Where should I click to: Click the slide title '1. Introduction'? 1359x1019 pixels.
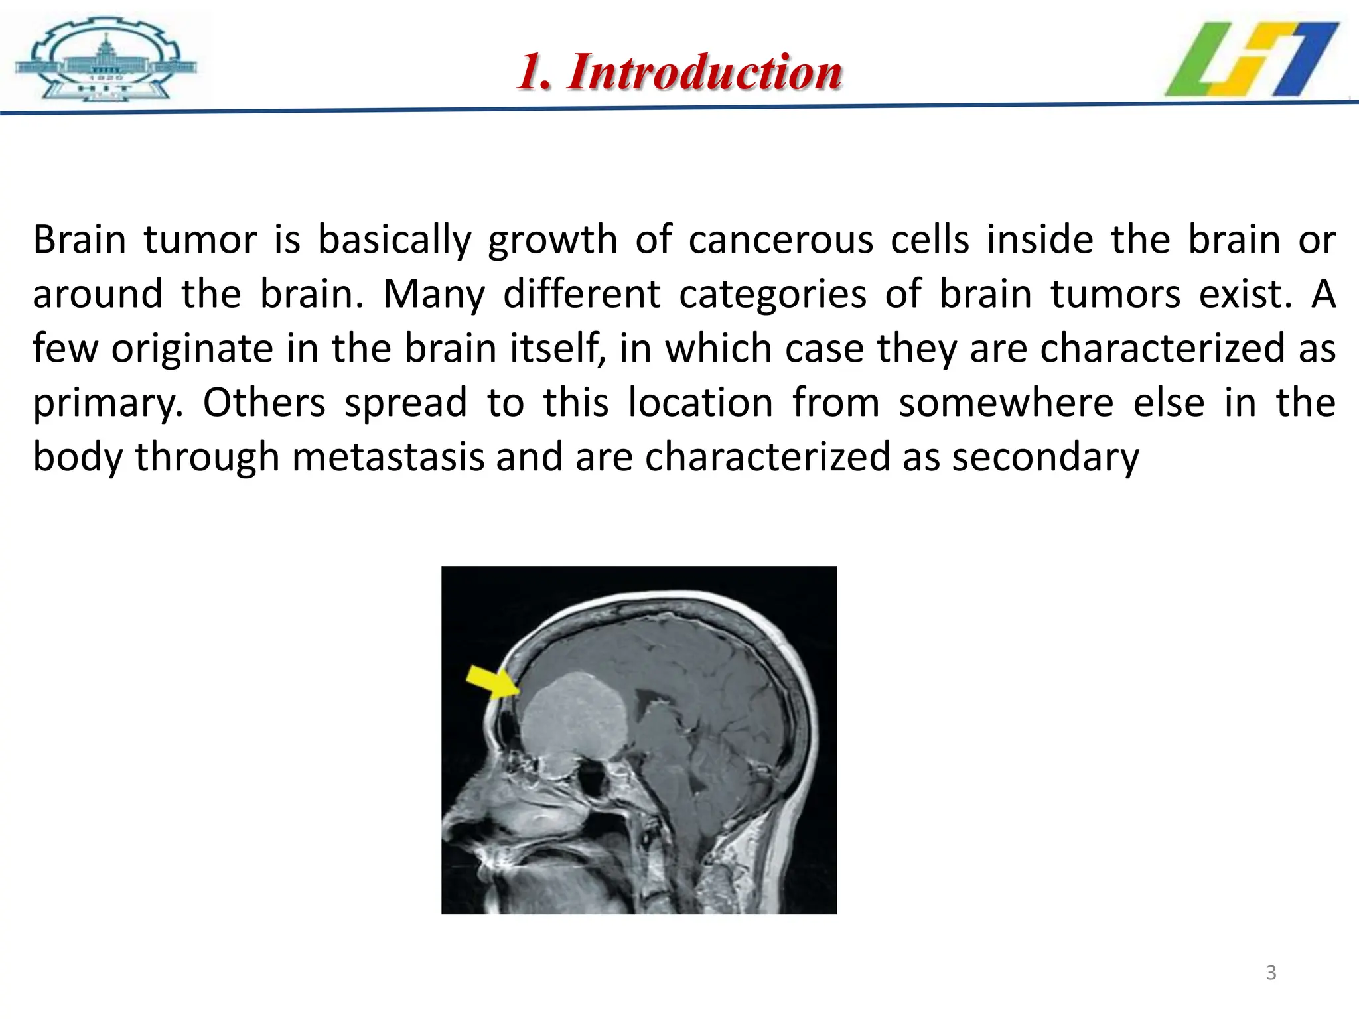tap(679, 72)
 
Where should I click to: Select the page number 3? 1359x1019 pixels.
tap(1271, 973)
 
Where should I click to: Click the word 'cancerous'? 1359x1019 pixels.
tap(780, 239)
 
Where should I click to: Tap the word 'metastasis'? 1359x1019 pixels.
tap(388, 457)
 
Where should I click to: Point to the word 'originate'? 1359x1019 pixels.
tap(192, 349)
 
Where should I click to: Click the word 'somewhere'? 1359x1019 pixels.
tap(1006, 403)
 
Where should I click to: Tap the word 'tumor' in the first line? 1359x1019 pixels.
tap(200, 239)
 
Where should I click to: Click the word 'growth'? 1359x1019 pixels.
tap(552, 239)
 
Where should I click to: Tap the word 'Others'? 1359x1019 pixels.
tap(264, 403)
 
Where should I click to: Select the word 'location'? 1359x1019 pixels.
tap(700, 403)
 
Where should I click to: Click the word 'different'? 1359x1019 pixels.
tap(581, 294)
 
